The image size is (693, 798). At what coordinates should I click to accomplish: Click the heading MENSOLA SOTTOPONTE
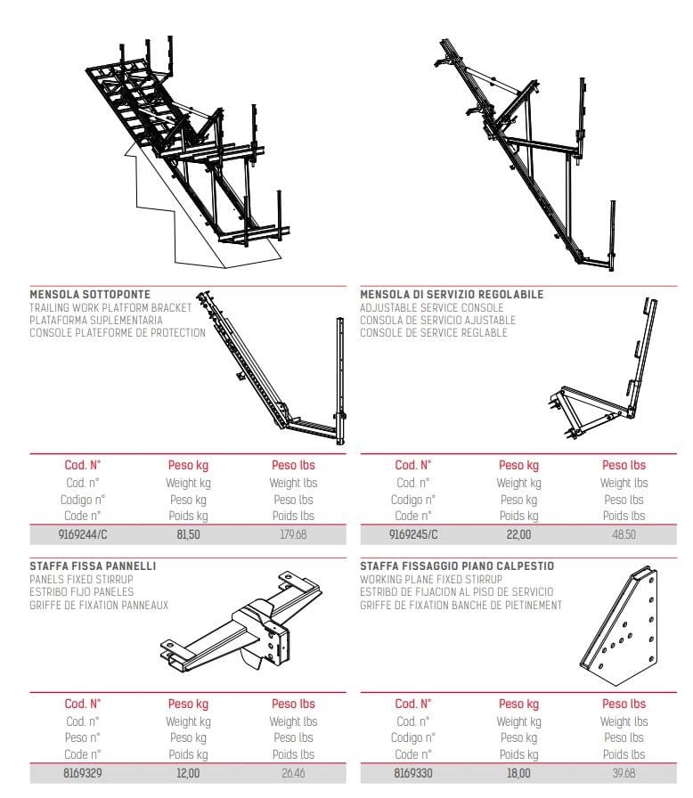(x=90, y=294)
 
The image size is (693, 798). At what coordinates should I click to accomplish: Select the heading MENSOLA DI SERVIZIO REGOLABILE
(x=452, y=294)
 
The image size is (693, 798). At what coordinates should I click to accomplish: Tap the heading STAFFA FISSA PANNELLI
(x=93, y=566)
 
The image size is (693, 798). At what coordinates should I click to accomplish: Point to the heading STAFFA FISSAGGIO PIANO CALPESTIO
(x=457, y=566)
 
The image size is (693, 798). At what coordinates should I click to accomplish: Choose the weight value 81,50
(x=188, y=534)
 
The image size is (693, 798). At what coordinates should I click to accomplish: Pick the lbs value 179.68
(x=293, y=534)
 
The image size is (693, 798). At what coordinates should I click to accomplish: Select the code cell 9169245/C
(x=413, y=534)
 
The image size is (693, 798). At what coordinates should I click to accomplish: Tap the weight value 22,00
(x=518, y=534)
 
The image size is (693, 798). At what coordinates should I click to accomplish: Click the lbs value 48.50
(x=624, y=534)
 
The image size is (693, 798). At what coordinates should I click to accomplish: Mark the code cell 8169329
(x=82, y=773)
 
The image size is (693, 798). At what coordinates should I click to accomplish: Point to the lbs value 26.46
(x=293, y=773)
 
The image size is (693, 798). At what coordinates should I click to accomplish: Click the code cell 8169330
(x=412, y=773)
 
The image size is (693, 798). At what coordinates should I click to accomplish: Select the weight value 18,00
(x=518, y=773)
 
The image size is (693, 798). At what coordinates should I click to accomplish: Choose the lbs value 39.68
(x=624, y=773)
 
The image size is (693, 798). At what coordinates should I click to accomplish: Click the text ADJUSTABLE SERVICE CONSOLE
(x=431, y=307)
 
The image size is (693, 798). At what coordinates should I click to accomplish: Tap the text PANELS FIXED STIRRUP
(x=81, y=579)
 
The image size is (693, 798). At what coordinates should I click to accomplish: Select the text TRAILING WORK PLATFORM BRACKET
(x=110, y=307)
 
